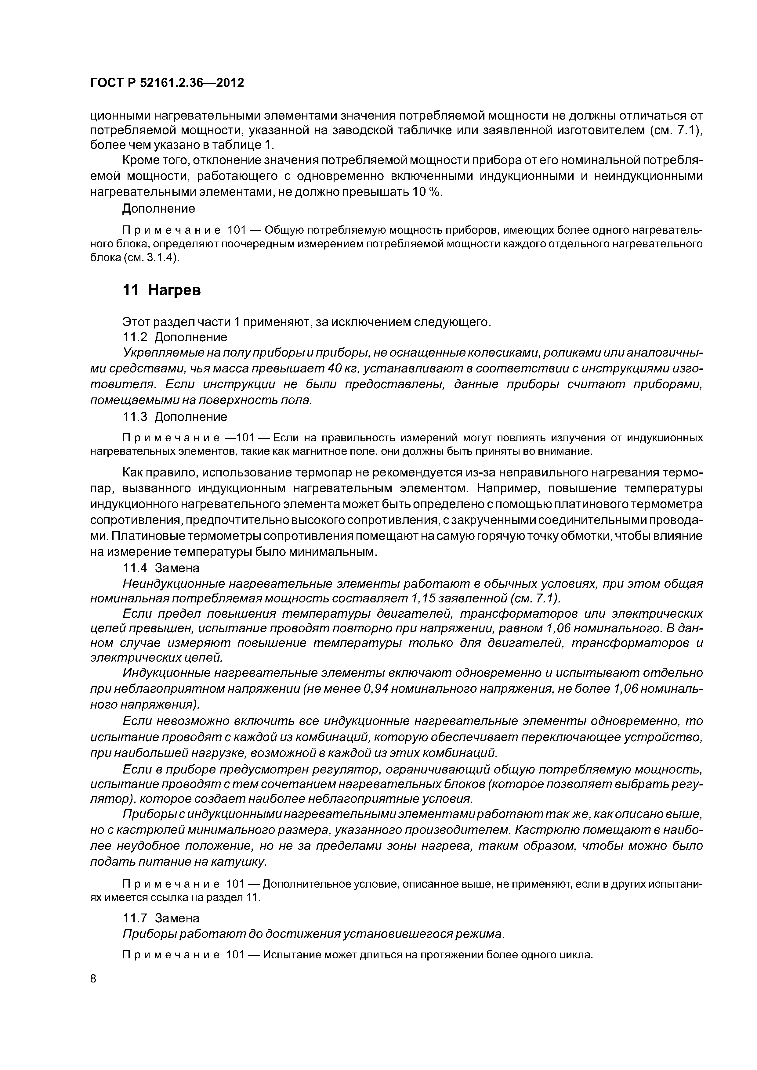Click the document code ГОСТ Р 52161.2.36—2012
click(x=167, y=83)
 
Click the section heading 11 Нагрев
click(x=161, y=290)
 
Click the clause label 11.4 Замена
click(x=161, y=568)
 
